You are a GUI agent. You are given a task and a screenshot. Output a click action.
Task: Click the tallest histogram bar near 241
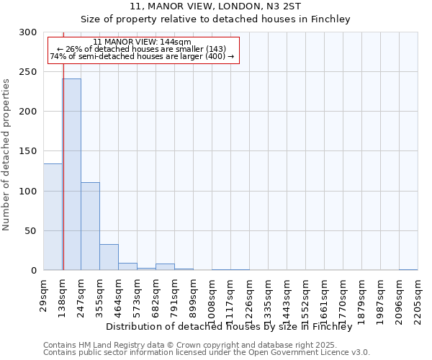(x=71, y=174)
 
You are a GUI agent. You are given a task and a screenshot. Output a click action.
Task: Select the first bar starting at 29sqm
(x=53, y=217)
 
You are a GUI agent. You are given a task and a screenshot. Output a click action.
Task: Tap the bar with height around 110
(x=90, y=226)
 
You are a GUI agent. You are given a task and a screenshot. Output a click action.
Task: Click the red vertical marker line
(x=63, y=144)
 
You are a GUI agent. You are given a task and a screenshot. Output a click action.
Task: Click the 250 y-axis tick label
(x=28, y=72)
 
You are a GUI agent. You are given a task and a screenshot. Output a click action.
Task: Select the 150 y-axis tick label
(x=28, y=151)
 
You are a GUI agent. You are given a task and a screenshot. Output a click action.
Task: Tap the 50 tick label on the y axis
(x=31, y=231)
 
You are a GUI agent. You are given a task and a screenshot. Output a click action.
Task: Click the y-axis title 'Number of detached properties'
(x=7, y=155)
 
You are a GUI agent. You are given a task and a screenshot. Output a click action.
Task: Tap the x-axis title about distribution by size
(x=233, y=327)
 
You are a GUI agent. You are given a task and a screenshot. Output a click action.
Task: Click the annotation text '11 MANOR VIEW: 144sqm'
(x=142, y=42)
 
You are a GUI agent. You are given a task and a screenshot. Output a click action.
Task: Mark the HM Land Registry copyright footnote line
(x=206, y=346)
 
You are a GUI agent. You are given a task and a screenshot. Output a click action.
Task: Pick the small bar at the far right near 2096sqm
(x=408, y=269)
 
